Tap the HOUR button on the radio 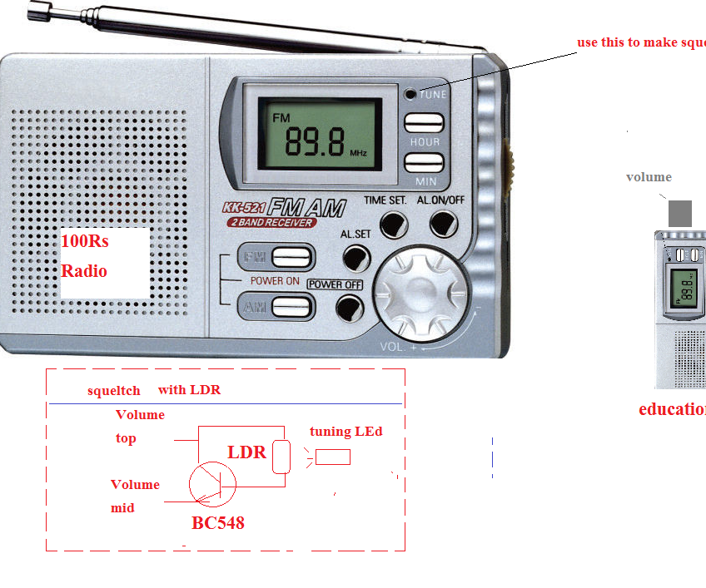point(424,123)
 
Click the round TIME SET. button point(394,224)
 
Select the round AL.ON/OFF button point(444,223)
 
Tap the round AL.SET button point(356,258)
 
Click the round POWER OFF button point(350,309)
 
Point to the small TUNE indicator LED point(410,94)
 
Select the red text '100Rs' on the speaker point(85,242)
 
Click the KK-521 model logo point(242,209)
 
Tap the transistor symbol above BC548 point(212,482)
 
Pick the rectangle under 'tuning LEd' point(332,457)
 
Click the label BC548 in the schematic point(217,524)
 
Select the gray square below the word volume point(679,213)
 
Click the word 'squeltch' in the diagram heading point(114,390)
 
